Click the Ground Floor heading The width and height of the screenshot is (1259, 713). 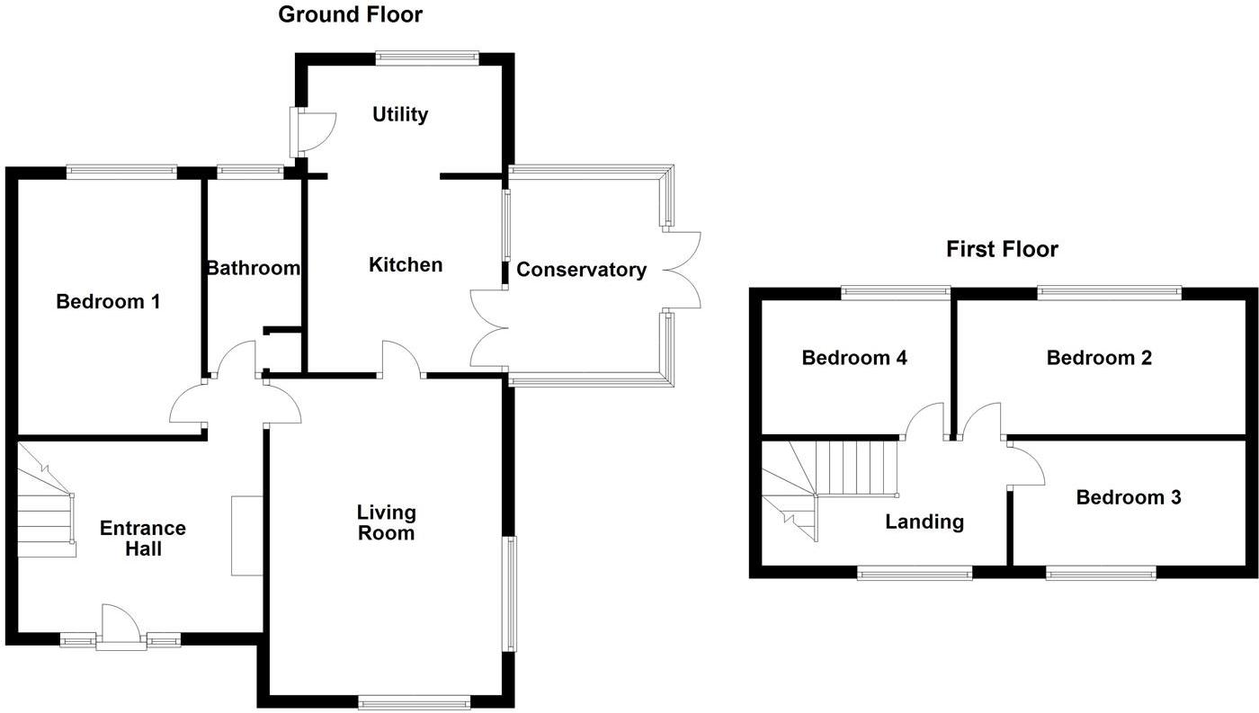point(350,14)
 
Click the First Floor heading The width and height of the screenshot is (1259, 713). point(1002,249)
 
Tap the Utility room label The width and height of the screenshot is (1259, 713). point(400,114)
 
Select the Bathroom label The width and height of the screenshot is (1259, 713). point(253,268)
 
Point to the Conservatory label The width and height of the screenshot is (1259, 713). point(581,270)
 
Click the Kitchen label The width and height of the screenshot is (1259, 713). point(406,264)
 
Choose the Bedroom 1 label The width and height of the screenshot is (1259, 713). point(108,301)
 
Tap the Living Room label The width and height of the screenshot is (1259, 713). point(387,522)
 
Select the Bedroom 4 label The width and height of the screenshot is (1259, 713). point(854,358)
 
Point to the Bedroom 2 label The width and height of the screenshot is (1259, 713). point(1099,358)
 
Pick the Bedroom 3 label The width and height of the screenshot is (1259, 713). point(1129,497)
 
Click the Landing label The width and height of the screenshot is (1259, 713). point(924,521)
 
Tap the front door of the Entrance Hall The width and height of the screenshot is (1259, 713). point(121,628)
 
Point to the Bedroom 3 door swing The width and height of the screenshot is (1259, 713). point(1026,464)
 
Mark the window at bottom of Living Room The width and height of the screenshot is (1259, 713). point(414,702)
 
